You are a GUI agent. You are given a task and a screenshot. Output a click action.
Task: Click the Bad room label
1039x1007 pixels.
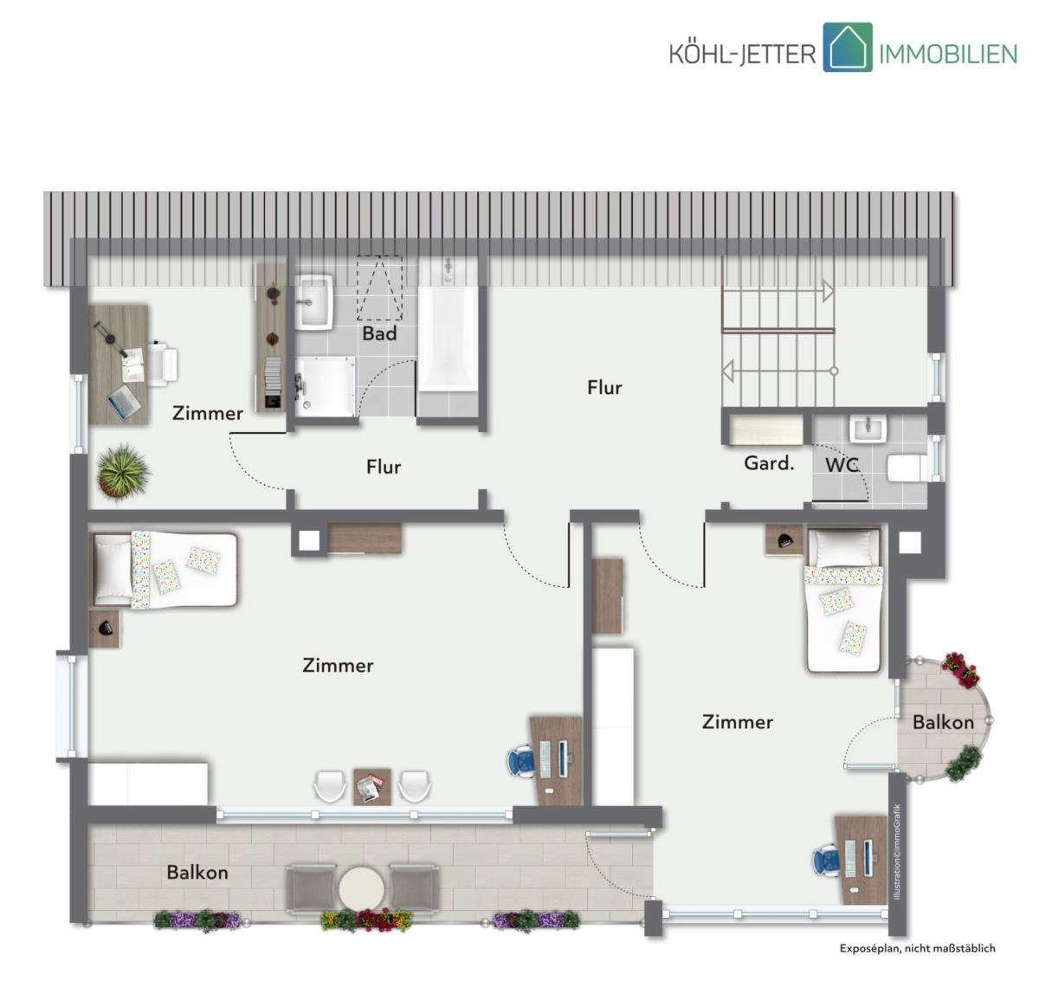pos(379,333)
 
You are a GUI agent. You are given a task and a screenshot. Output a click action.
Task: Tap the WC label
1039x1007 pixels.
pos(842,465)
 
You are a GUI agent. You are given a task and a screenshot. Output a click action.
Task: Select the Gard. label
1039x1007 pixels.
pos(769,463)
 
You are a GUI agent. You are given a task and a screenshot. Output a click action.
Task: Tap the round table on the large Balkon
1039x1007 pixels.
pos(361,888)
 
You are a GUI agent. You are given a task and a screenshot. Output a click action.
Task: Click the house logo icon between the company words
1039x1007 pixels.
pos(848,48)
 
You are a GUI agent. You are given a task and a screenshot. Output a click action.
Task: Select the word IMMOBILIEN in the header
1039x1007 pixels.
pos(948,55)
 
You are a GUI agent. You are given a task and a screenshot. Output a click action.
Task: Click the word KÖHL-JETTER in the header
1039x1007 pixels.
pos(742,55)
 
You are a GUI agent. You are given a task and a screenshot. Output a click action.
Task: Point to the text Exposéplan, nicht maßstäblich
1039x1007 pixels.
pos(917,948)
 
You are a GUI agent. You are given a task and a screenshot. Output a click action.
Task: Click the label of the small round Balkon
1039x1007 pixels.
pos(943,722)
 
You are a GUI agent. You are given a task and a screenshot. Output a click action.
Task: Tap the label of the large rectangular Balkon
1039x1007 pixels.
pos(197,872)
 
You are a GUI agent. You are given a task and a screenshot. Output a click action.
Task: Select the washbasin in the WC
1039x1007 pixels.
pos(868,429)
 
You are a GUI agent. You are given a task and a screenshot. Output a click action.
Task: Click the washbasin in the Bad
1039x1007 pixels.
pos(314,301)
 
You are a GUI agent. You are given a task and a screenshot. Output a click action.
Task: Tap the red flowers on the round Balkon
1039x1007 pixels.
pos(959,669)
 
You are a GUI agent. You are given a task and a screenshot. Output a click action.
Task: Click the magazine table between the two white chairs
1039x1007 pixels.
pos(372,786)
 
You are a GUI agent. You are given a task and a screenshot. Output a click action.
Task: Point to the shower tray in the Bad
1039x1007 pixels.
pos(325,386)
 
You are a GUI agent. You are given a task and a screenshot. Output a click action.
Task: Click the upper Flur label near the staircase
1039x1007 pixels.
pos(604,388)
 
